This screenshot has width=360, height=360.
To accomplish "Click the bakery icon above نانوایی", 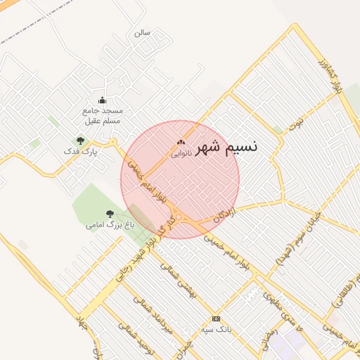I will [181, 143].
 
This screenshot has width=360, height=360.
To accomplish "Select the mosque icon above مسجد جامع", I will [102, 100].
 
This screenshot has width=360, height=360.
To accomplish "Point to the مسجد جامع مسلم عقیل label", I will [103, 116].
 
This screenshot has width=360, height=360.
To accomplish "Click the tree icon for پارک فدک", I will [80, 141].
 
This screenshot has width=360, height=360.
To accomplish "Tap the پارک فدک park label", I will [80, 151].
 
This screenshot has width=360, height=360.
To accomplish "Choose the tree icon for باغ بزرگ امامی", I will [109, 214].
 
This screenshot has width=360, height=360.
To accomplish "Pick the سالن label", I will [143, 32].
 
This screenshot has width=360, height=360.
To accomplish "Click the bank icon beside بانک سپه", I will [216, 319].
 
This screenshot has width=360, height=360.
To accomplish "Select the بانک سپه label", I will [216, 329].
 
